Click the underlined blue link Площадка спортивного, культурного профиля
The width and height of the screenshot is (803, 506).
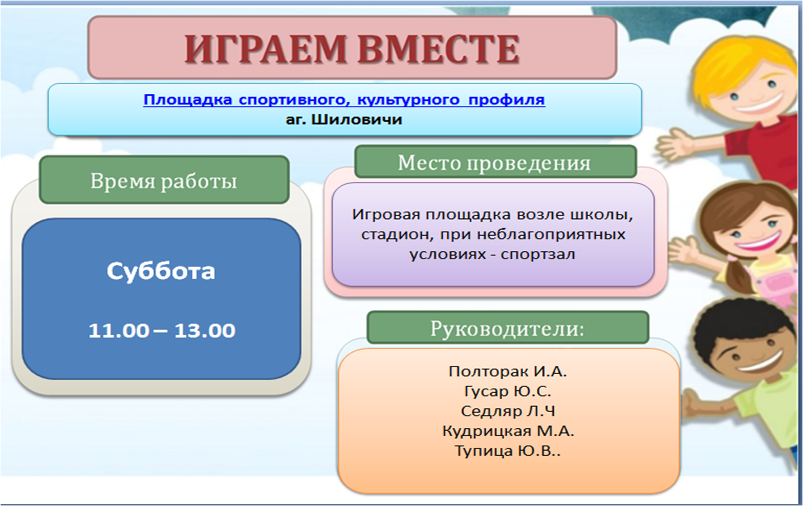[344, 100]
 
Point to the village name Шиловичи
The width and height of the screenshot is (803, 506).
[356, 120]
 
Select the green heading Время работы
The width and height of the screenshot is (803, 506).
[163, 181]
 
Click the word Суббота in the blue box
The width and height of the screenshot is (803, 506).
[161, 271]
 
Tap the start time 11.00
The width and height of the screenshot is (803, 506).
[119, 330]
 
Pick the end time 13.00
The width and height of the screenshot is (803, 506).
[205, 330]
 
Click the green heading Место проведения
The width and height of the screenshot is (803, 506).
[494, 163]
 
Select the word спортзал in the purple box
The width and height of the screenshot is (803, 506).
[538, 255]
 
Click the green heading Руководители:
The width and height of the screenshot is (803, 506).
[507, 328]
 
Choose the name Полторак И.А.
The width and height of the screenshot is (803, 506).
[508, 371]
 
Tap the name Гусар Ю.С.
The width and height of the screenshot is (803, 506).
[508, 392]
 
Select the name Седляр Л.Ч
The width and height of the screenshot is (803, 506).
[508, 411]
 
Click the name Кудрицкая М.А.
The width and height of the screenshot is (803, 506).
[508, 431]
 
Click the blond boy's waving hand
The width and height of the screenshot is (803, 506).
[674, 145]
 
